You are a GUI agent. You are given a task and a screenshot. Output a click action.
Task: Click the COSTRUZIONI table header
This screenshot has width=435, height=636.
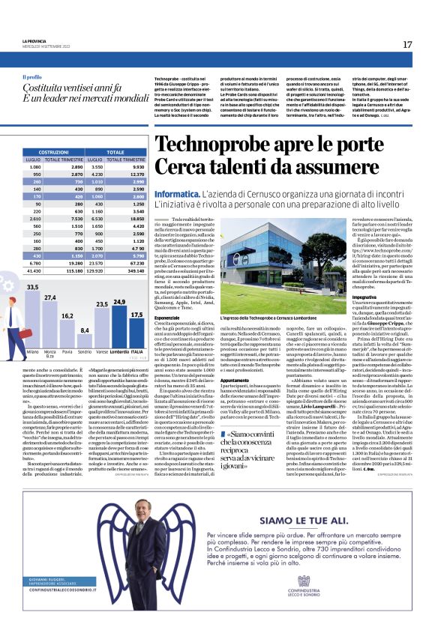click(53, 152)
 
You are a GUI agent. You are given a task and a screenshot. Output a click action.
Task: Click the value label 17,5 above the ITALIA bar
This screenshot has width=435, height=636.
click(136, 315)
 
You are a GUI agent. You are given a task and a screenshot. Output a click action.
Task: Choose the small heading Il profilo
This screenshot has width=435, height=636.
click(32, 77)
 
